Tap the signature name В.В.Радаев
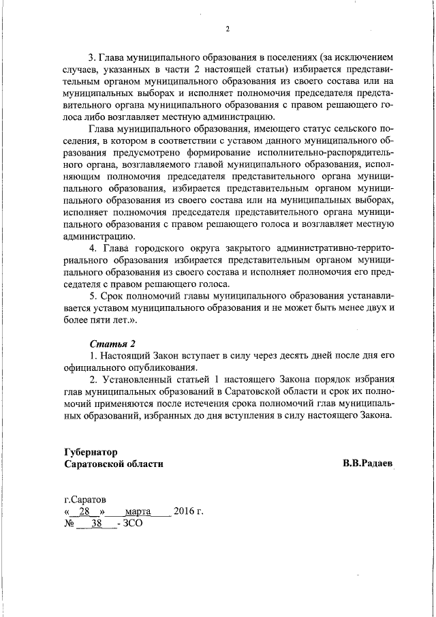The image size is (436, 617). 368,464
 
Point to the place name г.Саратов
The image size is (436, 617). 84,499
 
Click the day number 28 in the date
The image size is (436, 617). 85,511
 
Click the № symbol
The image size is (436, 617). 69,524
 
